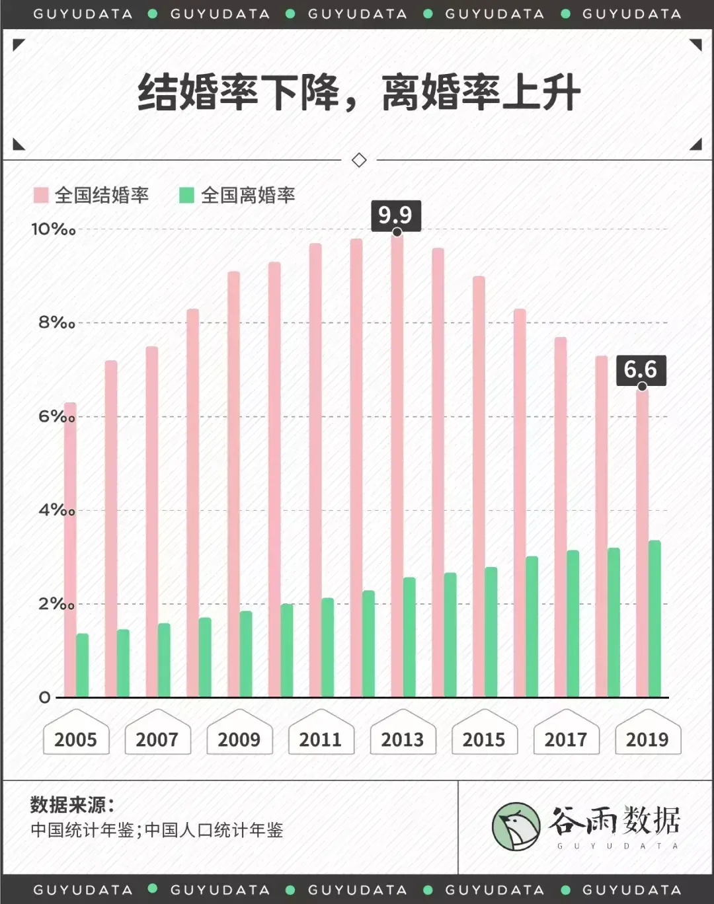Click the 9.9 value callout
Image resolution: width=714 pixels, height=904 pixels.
pos(395,215)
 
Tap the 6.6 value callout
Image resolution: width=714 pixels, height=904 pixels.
pos(641,369)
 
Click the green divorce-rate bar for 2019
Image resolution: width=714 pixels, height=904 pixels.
pos(654,619)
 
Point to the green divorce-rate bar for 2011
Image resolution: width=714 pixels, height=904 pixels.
pos(328,648)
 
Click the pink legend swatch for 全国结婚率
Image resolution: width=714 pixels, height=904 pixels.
pos(41,195)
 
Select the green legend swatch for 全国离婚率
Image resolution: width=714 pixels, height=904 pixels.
pos(186,195)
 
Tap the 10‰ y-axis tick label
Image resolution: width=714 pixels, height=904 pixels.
pos(53,229)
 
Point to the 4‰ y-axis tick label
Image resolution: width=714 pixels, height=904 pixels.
pos(56,510)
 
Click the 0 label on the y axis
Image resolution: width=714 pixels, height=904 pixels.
pos(44,697)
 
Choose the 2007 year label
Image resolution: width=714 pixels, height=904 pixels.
pos(157,739)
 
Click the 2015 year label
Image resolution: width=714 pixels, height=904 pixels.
pos(484,739)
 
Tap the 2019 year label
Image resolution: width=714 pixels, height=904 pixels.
pos(647,739)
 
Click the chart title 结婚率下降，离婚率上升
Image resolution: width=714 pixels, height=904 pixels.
pos(359,92)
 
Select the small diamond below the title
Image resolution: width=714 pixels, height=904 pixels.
pos(359,160)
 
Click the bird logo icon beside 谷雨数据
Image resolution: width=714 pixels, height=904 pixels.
pos(516,827)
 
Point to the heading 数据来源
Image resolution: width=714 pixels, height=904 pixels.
pos(72,805)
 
